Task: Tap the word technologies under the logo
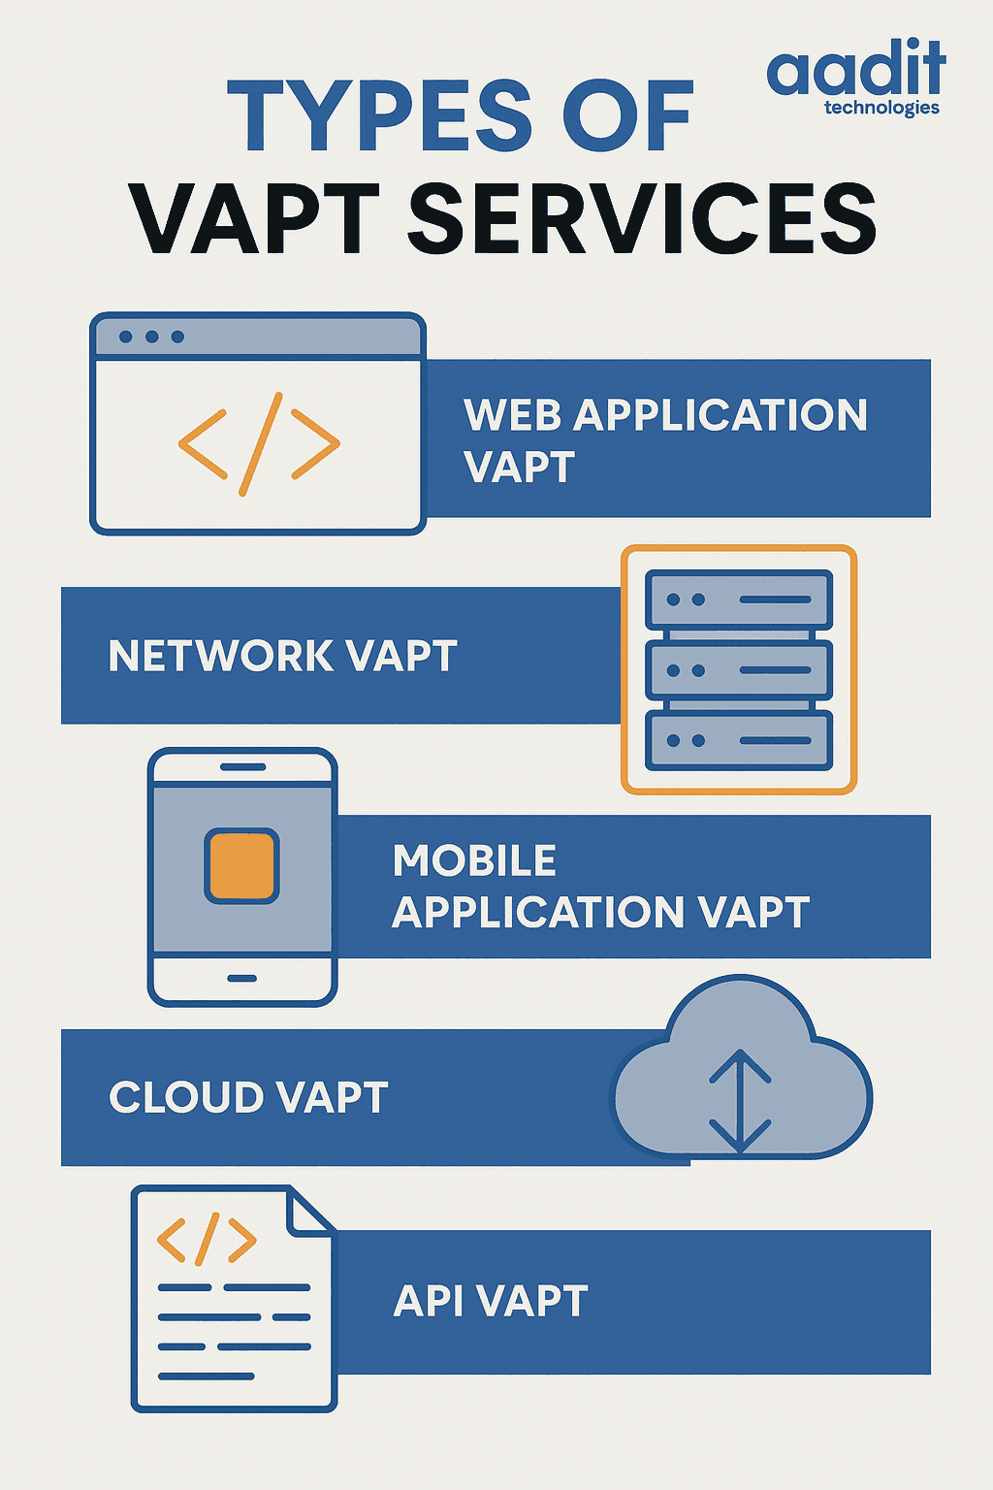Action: [881, 109]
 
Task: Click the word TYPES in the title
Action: [380, 115]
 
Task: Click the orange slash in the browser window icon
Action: [261, 444]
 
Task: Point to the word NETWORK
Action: [221, 656]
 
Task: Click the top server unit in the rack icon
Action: [738, 599]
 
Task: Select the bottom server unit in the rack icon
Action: [738, 740]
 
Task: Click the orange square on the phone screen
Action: [241, 866]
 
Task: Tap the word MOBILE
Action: [474, 860]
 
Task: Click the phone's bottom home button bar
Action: [242, 979]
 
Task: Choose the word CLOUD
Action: [187, 1097]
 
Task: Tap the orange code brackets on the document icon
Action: [207, 1239]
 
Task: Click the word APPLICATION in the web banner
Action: [721, 415]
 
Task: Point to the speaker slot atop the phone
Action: [242, 767]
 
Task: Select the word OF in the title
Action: [627, 115]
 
